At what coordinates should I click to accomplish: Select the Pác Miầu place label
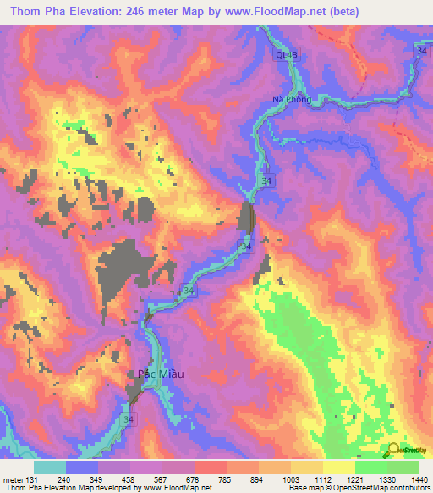[161, 374]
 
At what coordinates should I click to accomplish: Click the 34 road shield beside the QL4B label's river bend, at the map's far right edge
[421, 52]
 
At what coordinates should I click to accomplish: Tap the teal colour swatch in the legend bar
[50, 467]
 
